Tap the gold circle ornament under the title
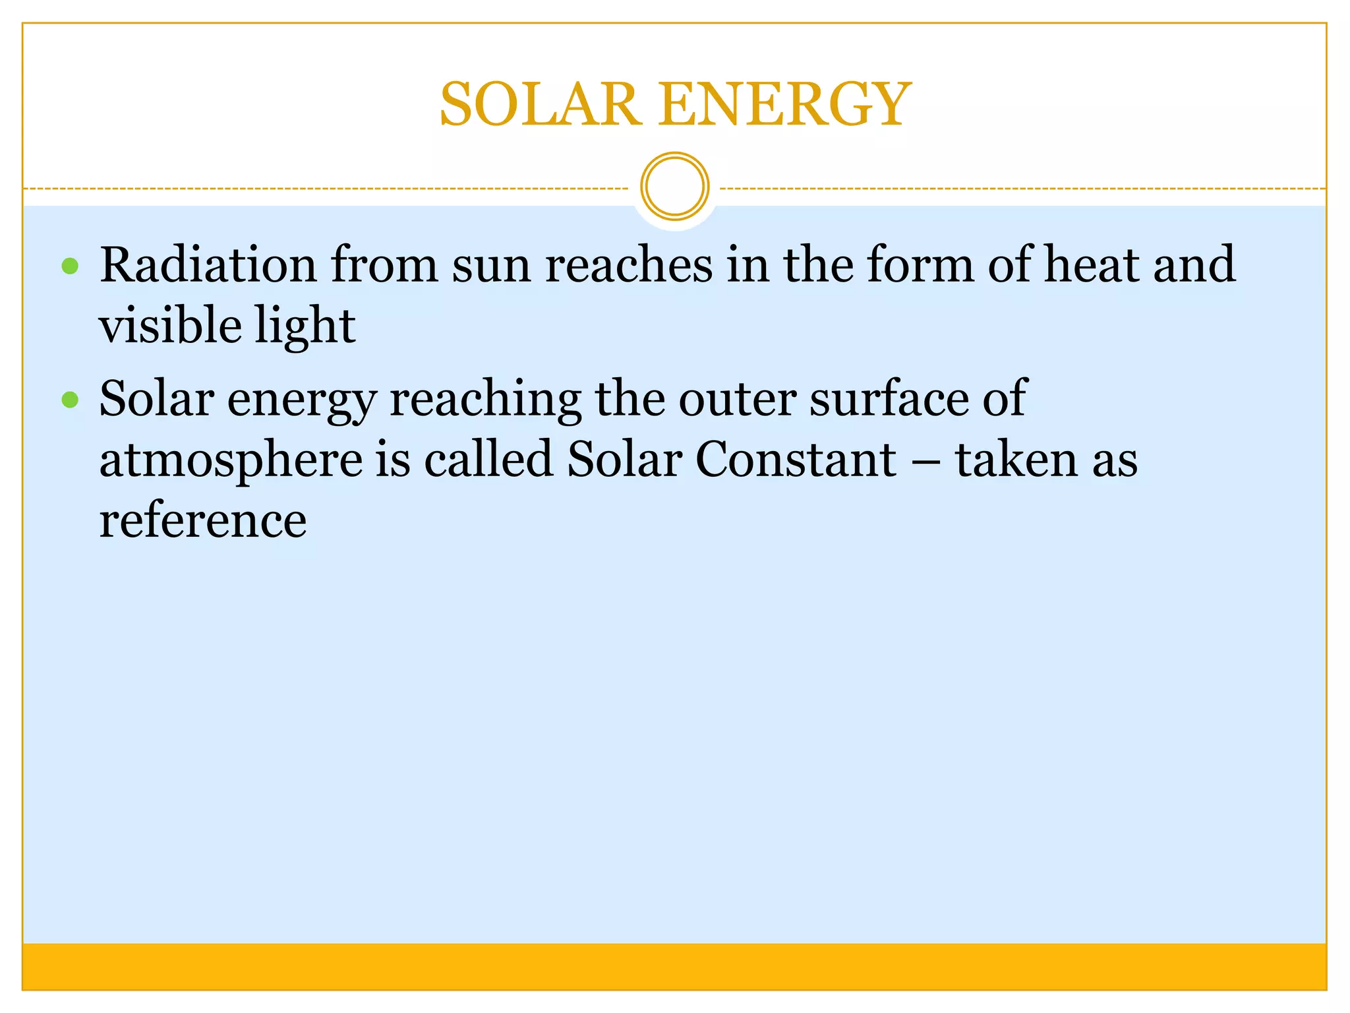click(x=674, y=186)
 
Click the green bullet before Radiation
click(x=70, y=266)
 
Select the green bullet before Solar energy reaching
click(x=70, y=400)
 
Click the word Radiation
click(x=208, y=264)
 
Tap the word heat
click(x=1091, y=264)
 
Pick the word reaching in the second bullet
click(x=486, y=400)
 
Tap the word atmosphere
click(x=231, y=460)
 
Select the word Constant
click(x=796, y=459)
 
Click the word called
click(x=488, y=459)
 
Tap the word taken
click(x=1016, y=459)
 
